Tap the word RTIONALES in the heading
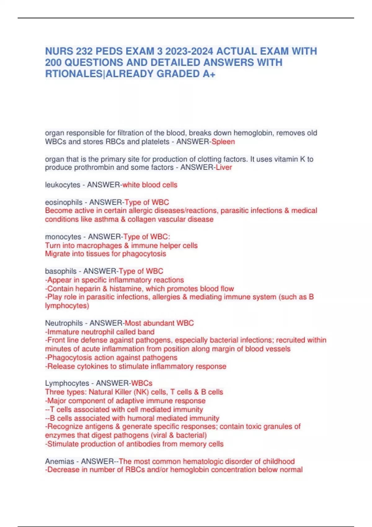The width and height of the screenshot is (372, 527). (x=73, y=74)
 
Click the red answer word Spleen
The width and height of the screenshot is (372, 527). (x=223, y=142)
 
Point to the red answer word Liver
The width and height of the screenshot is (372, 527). (x=224, y=167)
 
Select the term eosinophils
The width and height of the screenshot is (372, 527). (x=64, y=202)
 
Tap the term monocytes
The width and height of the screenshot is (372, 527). (x=63, y=237)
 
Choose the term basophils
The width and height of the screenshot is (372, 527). (x=61, y=271)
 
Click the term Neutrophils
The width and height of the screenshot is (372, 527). (x=64, y=323)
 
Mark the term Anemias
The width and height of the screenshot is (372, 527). (x=60, y=461)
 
